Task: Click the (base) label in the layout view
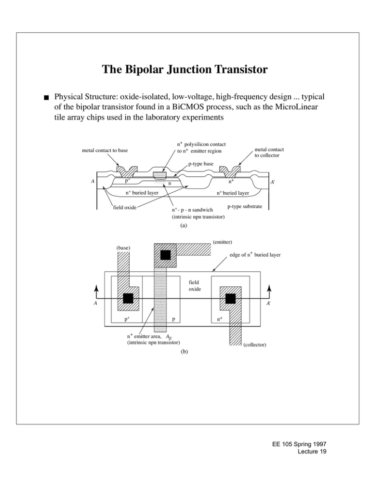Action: tap(123, 249)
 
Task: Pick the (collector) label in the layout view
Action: tap(258, 345)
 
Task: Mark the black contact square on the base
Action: tap(128, 299)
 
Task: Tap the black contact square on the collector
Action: tap(230, 299)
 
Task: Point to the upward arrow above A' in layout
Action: tap(269, 291)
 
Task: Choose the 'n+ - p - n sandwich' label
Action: tap(193, 210)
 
